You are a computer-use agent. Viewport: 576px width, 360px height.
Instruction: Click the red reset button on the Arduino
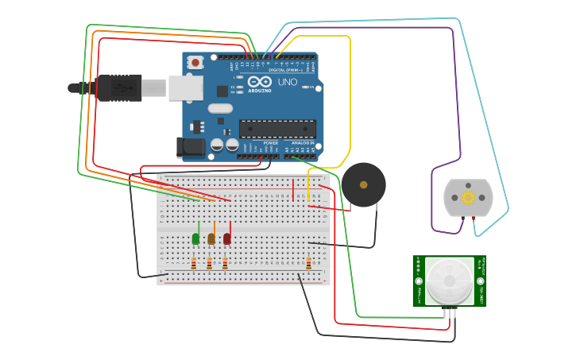[195, 62]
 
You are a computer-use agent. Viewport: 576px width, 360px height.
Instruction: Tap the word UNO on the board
[288, 82]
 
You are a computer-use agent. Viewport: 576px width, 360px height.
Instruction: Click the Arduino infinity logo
[259, 81]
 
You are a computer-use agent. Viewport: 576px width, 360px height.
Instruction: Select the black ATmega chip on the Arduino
[277, 129]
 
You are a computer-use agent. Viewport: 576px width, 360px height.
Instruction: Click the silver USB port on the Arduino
[185, 87]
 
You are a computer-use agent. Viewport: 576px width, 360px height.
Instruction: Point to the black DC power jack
[190, 146]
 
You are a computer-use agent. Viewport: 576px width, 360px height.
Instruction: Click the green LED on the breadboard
[196, 238]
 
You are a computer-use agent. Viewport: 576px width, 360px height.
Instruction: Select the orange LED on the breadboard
[211, 238]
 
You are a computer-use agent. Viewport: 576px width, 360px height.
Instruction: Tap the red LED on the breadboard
[227, 238]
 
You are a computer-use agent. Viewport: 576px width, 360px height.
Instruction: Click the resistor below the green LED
[194, 263]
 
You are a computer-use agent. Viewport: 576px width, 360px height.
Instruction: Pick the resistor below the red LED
[225, 263]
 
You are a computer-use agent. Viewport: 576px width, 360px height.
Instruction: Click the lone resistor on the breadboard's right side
[309, 263]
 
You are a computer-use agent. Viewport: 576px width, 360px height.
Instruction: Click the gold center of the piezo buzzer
[364, 184]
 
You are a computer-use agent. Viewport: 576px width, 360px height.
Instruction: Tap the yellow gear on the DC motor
[468, 197]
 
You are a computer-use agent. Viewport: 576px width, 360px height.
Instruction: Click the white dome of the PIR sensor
[449, 281]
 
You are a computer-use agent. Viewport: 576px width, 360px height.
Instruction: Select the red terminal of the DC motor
[474, 217]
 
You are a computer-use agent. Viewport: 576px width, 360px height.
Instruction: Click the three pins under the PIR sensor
[450, 312]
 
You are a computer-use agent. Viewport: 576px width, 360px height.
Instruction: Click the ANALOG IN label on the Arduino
[304, 143]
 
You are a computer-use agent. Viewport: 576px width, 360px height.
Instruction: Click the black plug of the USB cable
[119, 87]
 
